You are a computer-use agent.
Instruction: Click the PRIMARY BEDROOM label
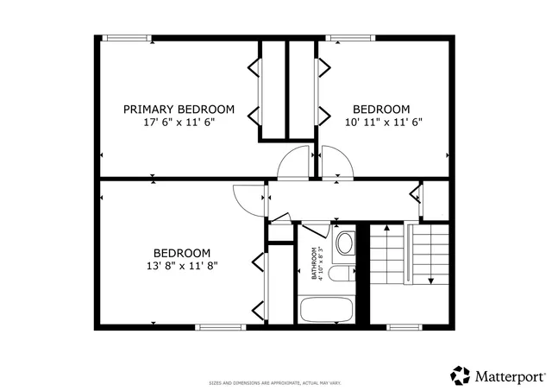pos(179,109)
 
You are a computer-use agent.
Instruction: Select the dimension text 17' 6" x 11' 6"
pos(179,123)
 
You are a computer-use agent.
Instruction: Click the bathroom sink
pos(345,243)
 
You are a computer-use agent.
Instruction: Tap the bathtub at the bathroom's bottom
pos(326,310)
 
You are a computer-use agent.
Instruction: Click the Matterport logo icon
pos(461,375)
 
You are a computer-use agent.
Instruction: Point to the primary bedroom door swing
pos(296,161)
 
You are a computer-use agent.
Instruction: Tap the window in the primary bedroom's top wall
pos(127,37)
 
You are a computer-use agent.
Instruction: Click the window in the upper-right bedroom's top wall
pos(348,37)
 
